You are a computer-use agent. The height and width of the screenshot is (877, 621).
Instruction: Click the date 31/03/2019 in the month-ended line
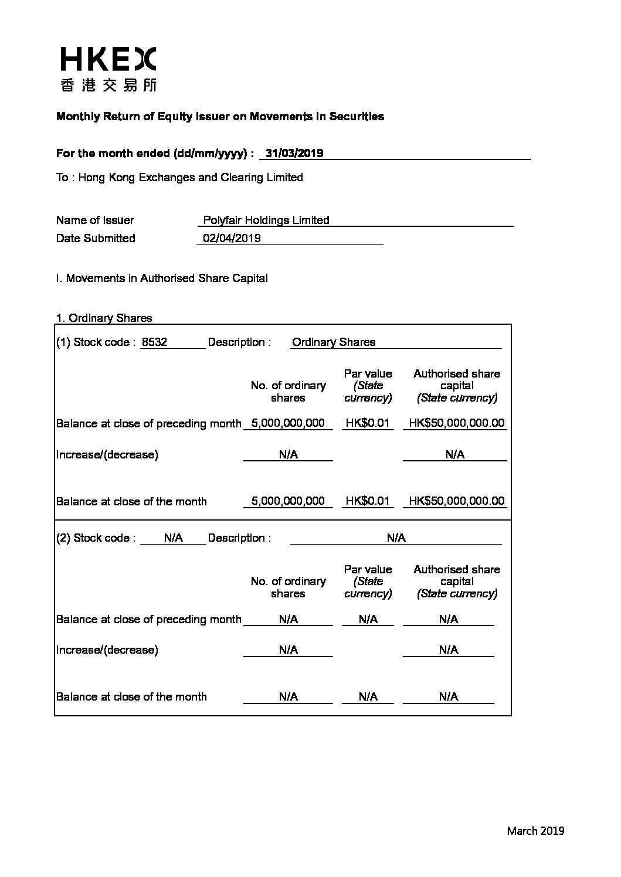294,154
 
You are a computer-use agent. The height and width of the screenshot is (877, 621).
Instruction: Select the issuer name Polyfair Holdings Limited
266,220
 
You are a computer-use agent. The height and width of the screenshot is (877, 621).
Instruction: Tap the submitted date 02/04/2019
232,238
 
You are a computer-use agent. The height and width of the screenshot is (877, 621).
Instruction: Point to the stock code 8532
155,342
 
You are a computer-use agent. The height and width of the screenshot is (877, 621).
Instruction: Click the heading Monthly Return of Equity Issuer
220,116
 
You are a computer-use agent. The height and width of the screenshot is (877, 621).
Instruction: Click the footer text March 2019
535,830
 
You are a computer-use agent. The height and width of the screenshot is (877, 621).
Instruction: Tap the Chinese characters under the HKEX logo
108,86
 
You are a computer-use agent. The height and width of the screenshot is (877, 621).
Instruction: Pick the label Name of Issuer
95,220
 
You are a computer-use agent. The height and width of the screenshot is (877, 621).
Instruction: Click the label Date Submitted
96,238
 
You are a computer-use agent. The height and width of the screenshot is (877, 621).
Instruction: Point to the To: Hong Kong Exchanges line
179,177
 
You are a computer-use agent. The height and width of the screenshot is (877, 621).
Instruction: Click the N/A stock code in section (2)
174,538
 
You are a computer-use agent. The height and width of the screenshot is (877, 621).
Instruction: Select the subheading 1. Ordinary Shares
104,318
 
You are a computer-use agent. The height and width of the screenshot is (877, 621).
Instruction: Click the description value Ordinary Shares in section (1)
333,342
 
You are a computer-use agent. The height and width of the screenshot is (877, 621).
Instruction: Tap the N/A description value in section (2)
396,538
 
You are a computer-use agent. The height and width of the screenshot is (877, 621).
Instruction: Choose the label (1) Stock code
96,342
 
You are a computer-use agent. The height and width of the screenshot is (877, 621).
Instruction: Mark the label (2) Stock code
96,538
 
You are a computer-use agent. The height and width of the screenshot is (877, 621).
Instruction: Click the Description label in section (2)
239,538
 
